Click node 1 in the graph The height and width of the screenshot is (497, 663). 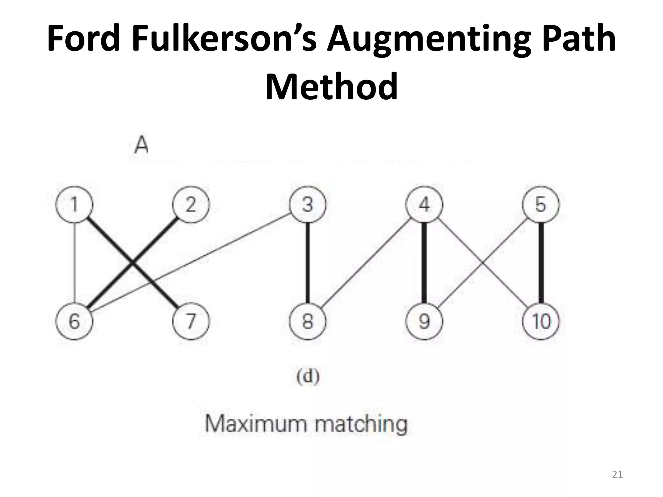74,204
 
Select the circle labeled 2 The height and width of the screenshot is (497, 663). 191,204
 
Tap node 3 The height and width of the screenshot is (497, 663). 308,204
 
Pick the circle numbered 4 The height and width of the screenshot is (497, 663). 424,204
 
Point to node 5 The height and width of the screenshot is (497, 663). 541,204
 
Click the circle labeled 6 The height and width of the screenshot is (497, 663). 74,321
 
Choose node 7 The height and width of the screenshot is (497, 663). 191,321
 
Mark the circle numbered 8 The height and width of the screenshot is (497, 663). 308,321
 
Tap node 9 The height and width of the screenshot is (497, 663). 424,321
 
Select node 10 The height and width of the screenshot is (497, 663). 541,321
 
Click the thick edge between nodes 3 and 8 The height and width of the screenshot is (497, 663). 308,263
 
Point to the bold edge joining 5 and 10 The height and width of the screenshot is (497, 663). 541,263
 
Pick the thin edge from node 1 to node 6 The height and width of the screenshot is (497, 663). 75,263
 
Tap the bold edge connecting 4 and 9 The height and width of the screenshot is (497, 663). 424,263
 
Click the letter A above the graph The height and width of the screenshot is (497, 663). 141,146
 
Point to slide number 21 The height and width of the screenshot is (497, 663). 617,474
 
